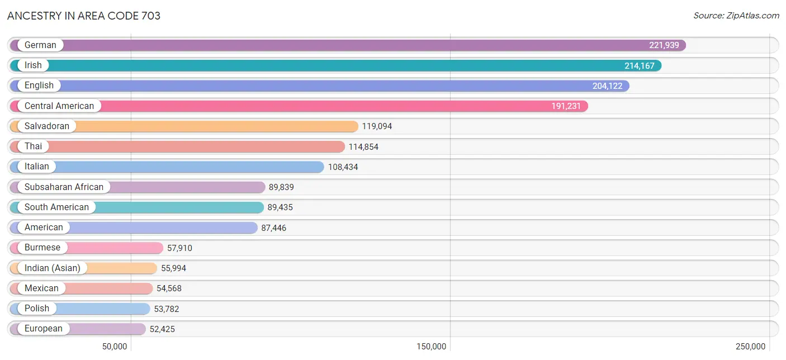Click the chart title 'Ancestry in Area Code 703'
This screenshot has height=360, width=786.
click(x=83, y=16)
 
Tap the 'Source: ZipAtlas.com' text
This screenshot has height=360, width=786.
click(x=736, y=16)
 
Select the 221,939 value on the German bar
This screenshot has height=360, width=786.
click(x=664, y=45)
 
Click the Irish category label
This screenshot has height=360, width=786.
click(x=33, y=65)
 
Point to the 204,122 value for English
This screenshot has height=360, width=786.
click(x=608, y=86)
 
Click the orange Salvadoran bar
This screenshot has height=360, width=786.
click(x=184, y=126)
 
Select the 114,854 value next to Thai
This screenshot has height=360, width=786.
click(x=363, y=146)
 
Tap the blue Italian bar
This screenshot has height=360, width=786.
click(x=167, y=167)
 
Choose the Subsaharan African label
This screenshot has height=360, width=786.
click(x=64, y=187)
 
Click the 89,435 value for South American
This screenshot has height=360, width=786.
click(x=280, y=207)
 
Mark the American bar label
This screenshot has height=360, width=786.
click(x=44, y=228)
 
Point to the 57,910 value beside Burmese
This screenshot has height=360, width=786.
click(x=179, y=248)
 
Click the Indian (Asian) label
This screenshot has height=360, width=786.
click(x=53, y=268)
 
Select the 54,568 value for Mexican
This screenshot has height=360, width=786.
click(x=169, y=288)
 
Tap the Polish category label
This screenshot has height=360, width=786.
click(x=37, y=309)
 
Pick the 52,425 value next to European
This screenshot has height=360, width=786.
click(x=162, y=329)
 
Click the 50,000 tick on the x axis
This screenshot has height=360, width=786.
click(x=115, y=347)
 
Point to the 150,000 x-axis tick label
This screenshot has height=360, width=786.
click(x=431, y=347)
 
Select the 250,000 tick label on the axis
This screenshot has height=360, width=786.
click(x=751, y=347)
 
